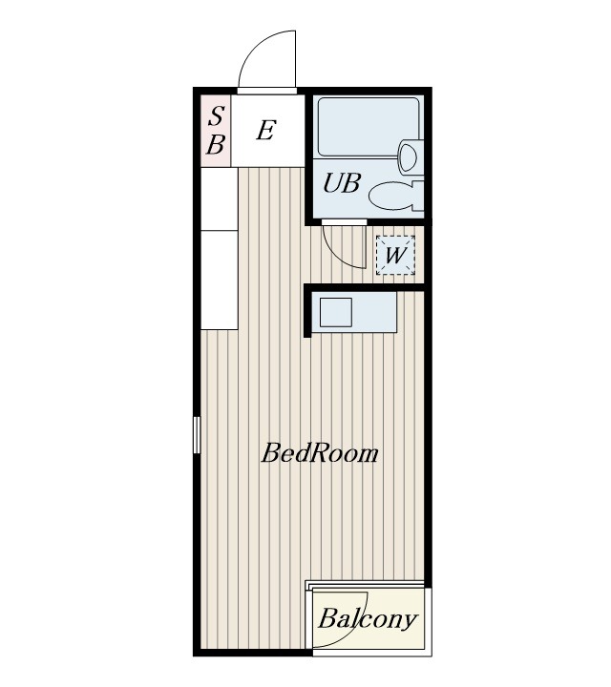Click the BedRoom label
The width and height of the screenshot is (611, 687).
320,453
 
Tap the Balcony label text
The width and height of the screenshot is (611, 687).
368,619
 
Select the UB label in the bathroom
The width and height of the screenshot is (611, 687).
342,182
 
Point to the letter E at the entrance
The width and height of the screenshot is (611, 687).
266,130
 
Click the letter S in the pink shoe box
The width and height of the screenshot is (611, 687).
216,116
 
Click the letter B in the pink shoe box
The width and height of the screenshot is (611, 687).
216,144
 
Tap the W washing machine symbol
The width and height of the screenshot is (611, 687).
395,255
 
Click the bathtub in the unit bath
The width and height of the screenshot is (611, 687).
369,127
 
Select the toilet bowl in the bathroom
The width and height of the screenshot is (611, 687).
391,196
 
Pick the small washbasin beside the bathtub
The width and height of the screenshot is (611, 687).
409,156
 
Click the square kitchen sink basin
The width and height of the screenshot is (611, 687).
336,312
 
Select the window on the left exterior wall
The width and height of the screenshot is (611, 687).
197,435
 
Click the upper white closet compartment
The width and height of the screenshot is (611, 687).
220,198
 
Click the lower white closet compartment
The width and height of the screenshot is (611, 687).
220,280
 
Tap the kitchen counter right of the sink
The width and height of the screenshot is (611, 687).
375,312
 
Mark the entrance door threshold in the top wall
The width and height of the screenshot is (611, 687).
267,91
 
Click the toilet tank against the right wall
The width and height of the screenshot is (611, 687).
419,196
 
